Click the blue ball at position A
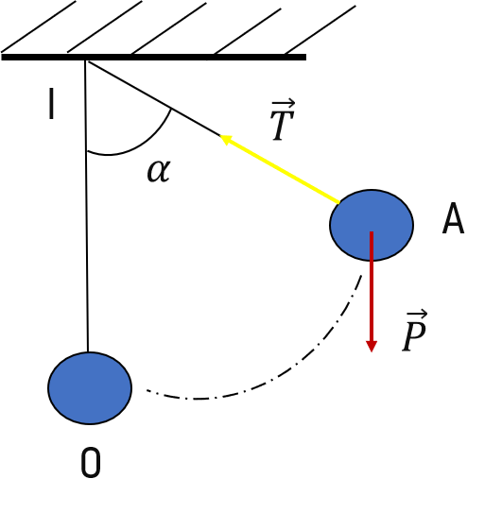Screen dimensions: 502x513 372,225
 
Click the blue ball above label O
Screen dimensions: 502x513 90,388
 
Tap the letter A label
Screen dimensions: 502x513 453,218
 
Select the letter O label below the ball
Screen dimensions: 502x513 91,463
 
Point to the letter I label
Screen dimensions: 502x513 51,103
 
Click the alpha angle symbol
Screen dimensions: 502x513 159,171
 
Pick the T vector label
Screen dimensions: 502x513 283,120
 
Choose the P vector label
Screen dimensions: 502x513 415,331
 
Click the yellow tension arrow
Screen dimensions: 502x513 279,169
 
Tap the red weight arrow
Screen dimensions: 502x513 372,292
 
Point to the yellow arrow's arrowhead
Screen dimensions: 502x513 226,139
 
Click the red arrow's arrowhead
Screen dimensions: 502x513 372,346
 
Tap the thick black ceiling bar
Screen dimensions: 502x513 153,58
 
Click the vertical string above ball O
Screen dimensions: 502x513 86,206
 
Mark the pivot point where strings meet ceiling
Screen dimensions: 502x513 86,60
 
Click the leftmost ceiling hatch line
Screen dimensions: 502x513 39,26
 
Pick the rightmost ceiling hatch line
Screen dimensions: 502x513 320,29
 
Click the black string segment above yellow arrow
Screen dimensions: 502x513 154,98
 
